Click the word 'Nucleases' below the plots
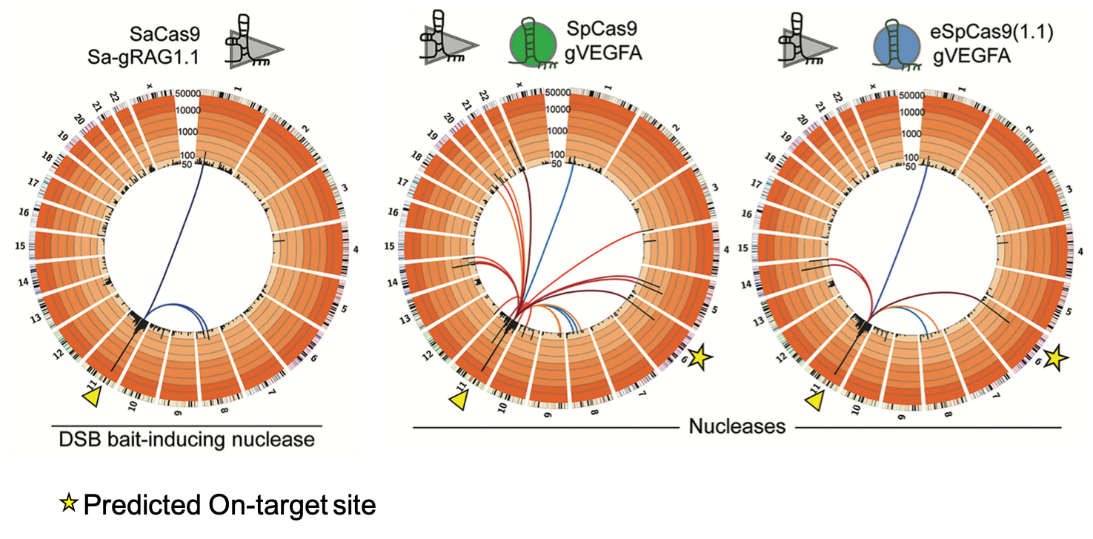(x=737, y=427)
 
